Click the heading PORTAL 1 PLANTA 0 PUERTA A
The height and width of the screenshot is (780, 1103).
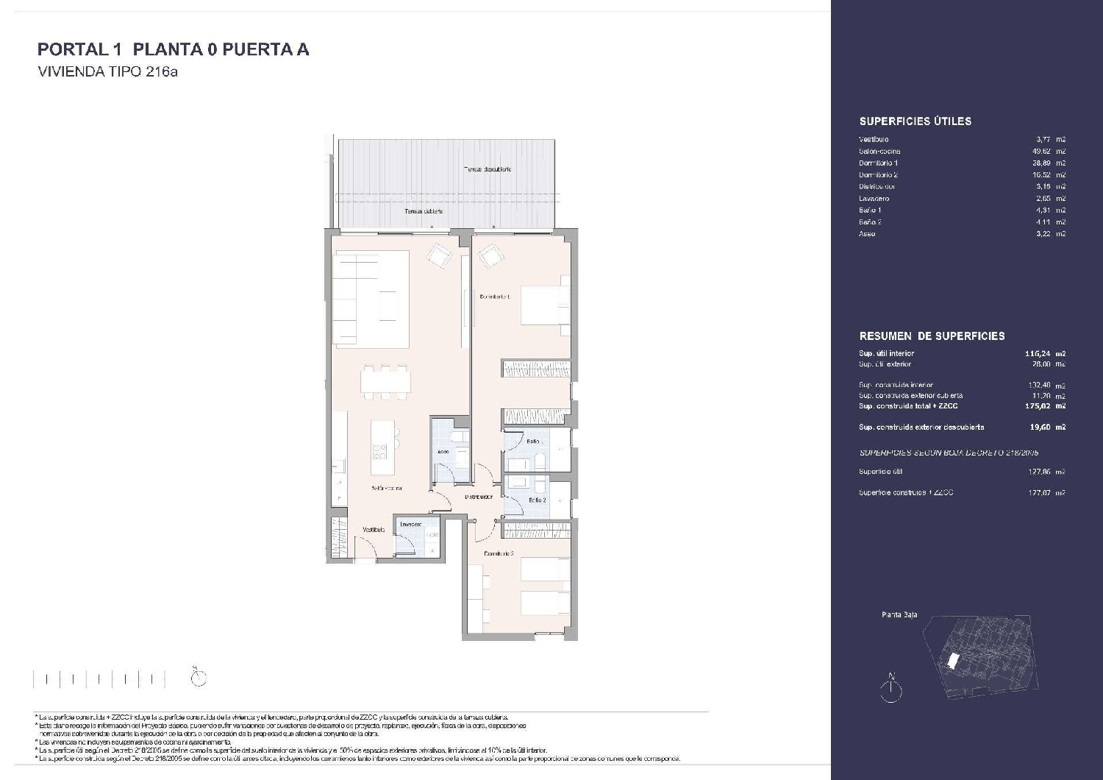point(173,49)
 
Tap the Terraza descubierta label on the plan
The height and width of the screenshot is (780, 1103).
point(487,169)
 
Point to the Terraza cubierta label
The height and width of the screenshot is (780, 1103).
point(423,211)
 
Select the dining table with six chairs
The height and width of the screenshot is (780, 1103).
point(387,382)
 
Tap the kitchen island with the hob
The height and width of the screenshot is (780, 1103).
point(383,449)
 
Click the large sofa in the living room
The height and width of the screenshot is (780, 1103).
point(371,298)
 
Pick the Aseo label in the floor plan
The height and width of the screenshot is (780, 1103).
point(443,452)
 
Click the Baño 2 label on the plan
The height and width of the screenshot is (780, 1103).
point(537,500)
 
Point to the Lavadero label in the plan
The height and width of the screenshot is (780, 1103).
point(410,525)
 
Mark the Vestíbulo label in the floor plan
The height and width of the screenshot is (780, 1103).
point(373,530)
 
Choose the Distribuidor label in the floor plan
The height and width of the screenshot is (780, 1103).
point(478,497)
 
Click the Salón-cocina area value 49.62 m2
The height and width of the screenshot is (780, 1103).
point(1048,151)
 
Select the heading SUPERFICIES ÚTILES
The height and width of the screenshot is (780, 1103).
point(915,121)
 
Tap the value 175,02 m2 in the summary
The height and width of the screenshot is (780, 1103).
point(1046,405)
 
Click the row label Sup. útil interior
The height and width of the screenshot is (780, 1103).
point(886,353)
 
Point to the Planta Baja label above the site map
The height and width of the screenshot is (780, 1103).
point(899,615)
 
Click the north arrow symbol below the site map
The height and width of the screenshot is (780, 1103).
point(891,687)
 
